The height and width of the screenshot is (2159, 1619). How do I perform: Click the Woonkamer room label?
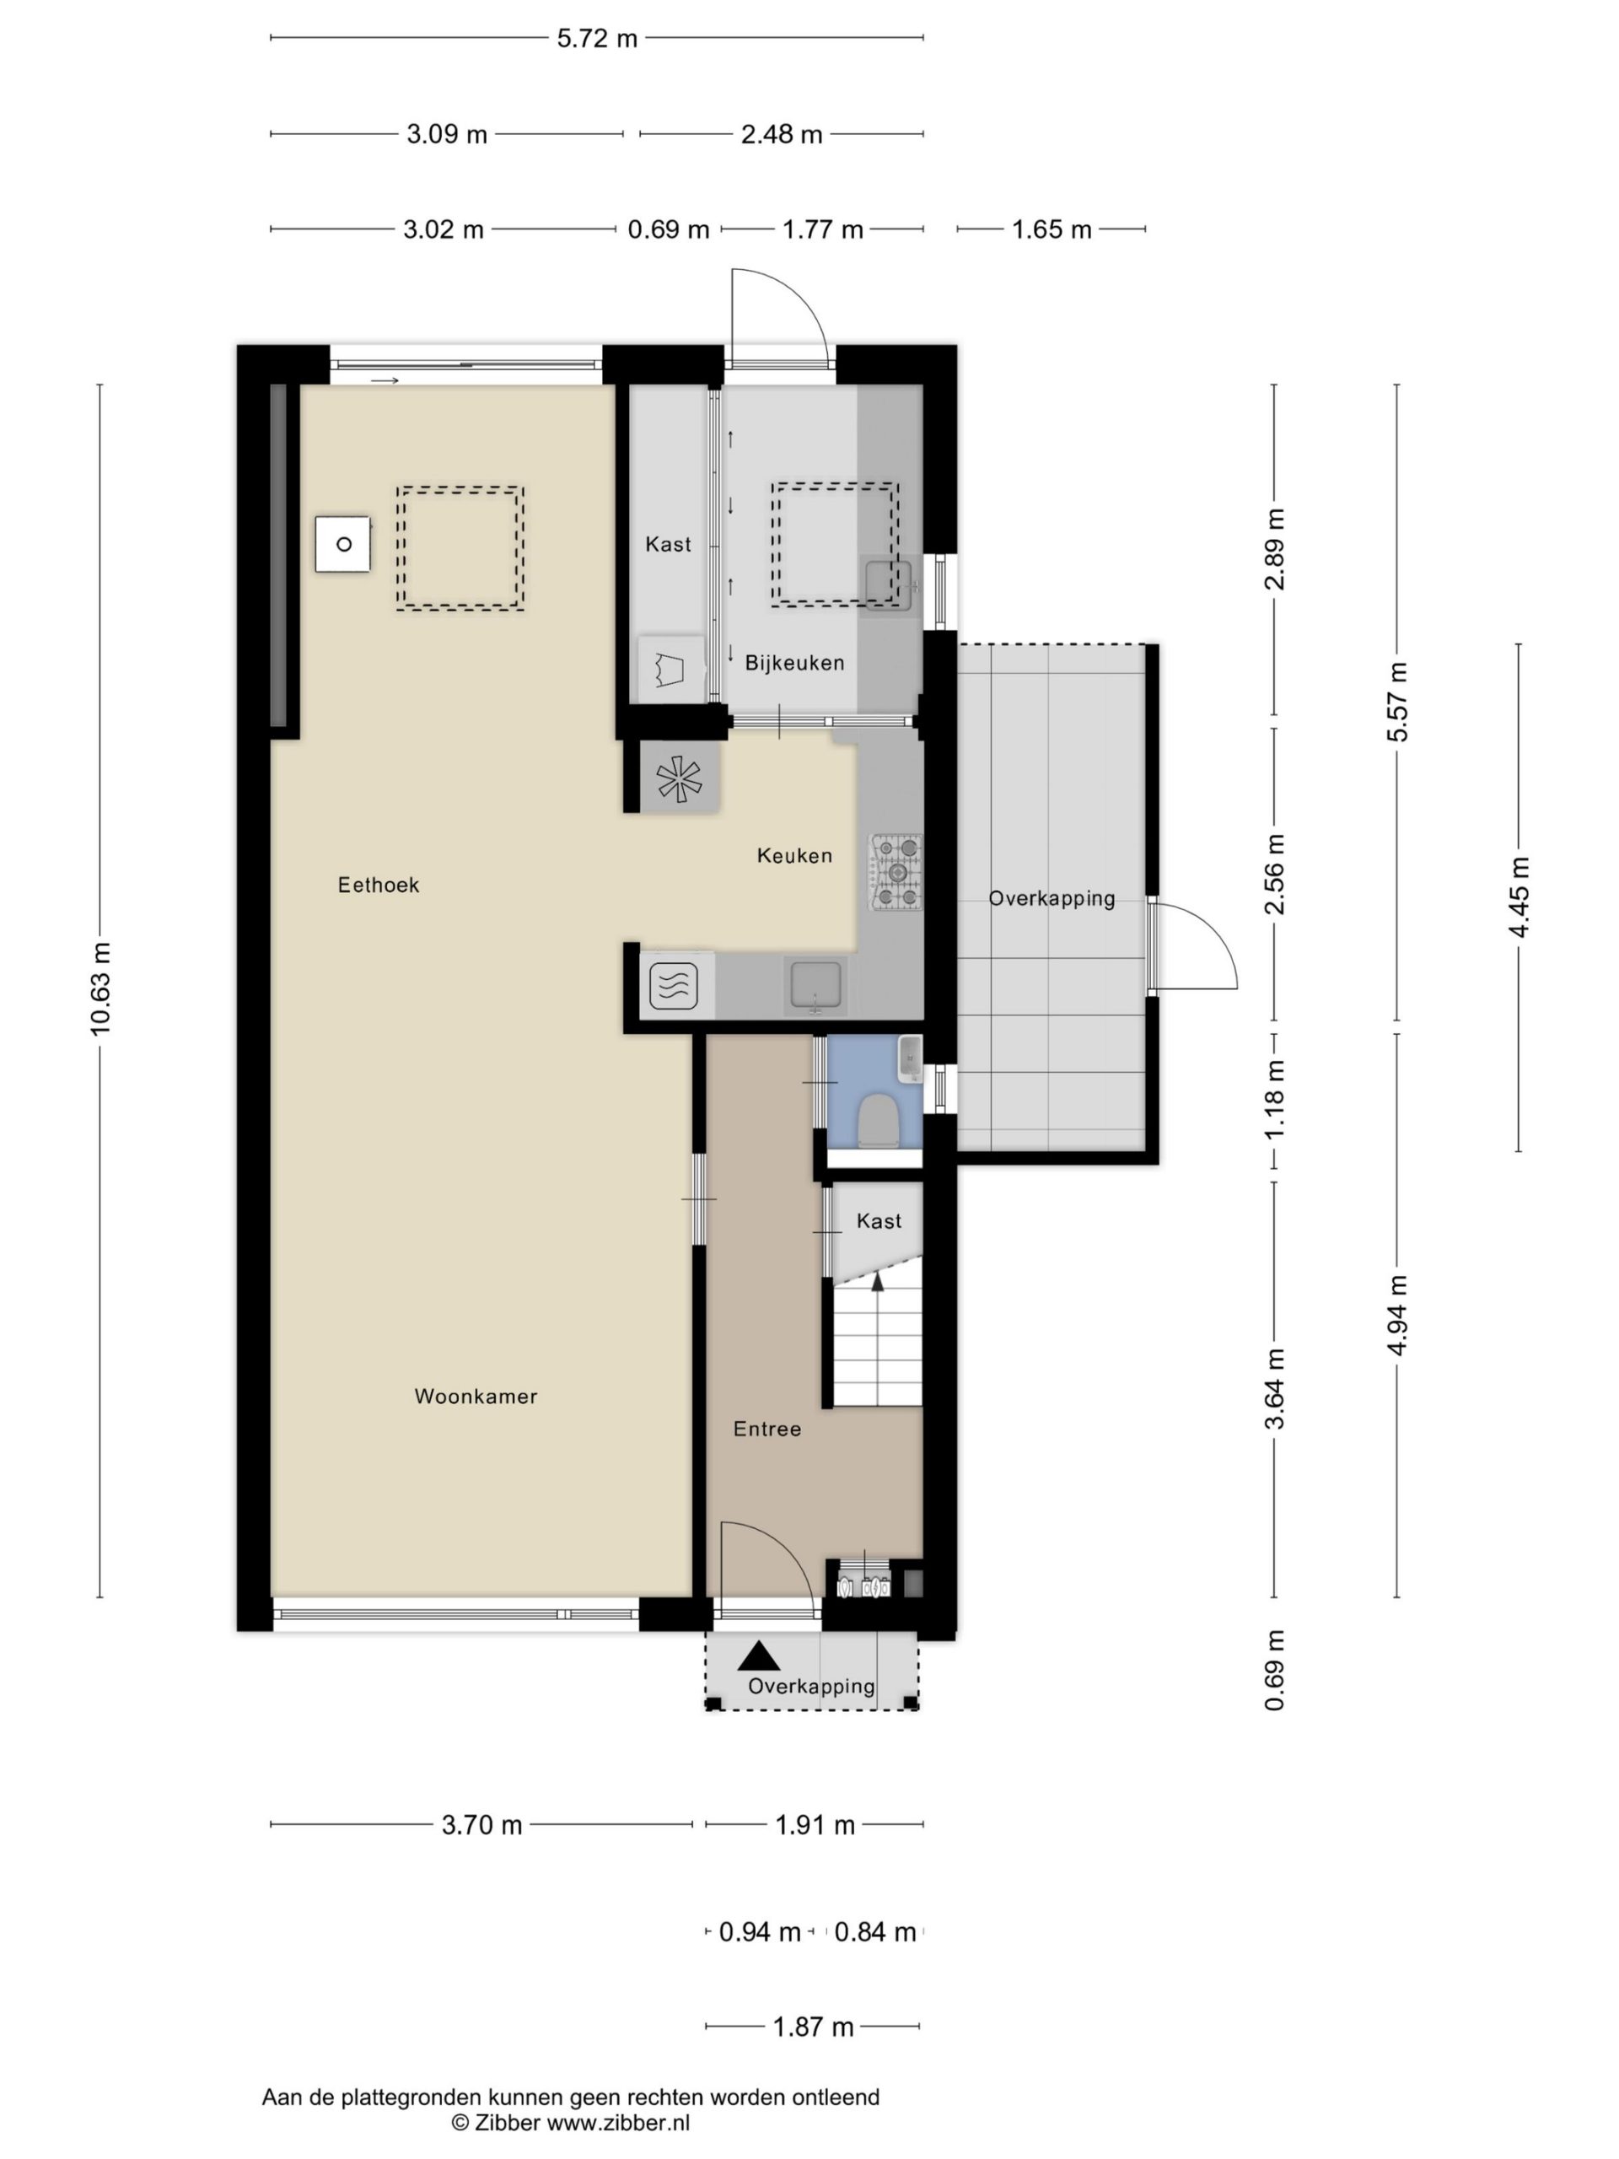[476, 1397]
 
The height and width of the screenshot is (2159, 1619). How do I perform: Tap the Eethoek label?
[379, 886]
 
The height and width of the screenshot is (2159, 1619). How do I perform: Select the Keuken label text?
[794, 856]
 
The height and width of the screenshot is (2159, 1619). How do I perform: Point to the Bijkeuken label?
[794, 664]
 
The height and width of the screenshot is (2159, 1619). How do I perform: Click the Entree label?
[767, 1429]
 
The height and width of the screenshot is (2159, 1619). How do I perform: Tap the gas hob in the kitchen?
[896, 873]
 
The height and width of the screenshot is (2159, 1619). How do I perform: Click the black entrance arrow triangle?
[759, 1656]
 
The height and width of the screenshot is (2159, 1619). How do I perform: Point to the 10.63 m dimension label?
[100, 988]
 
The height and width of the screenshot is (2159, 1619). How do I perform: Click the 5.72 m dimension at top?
[597, 38]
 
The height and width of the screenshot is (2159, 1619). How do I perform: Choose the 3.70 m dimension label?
[482, 1825]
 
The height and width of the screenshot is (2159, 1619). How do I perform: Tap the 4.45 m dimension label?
[1519, 897]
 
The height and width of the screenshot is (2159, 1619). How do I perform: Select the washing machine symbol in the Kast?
[670, 669]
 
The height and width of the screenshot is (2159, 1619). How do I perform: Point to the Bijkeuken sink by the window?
[888, 584]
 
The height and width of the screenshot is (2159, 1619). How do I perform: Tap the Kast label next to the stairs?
[879, 1221]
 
